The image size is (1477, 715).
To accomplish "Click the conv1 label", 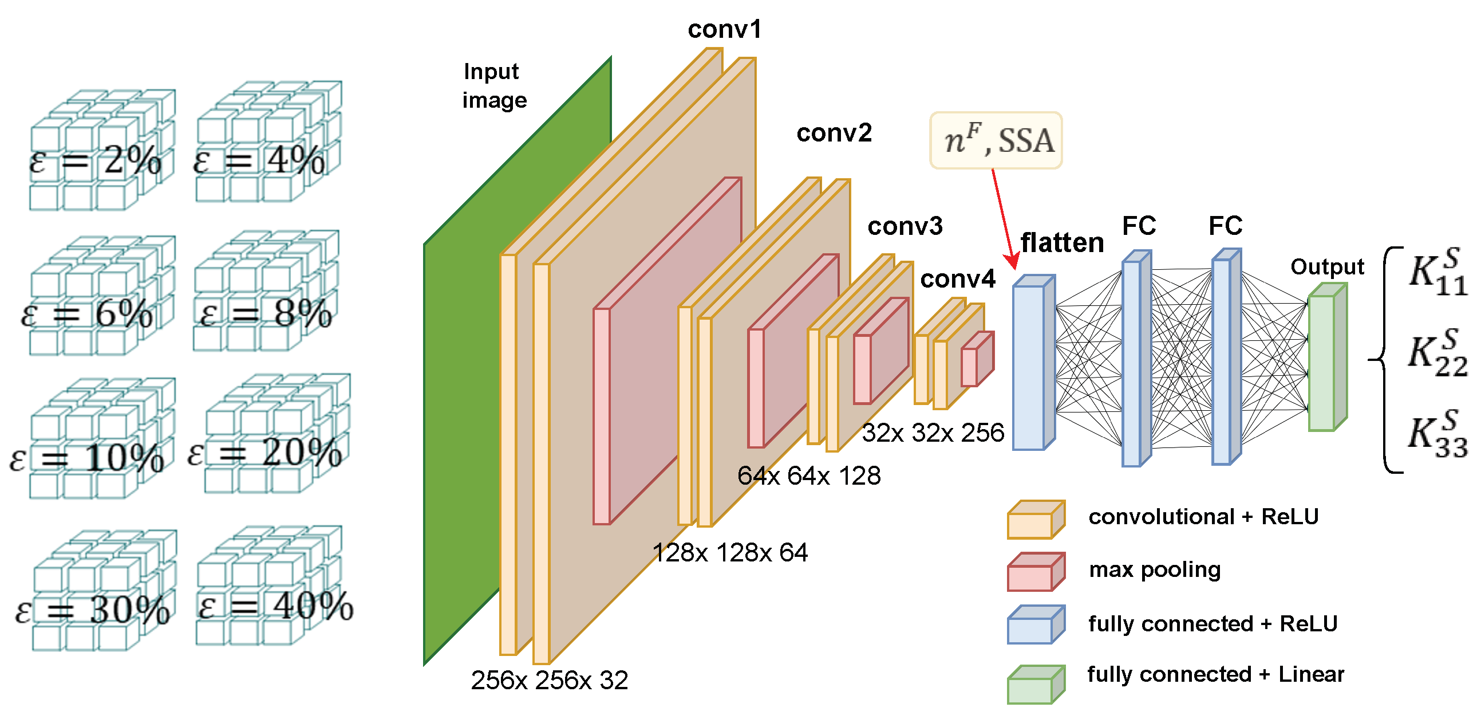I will (724, 30).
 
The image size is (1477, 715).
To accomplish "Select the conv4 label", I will (958, 280).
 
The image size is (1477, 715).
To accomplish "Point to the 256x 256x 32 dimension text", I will (549, 681).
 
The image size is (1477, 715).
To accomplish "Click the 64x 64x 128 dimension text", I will (808, 476).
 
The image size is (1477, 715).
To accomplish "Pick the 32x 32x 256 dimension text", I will (933, 433).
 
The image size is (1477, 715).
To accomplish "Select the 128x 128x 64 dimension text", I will (730, 553).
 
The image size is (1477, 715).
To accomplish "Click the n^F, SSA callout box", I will (996, 140).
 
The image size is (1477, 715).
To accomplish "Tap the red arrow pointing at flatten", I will (1004, 218).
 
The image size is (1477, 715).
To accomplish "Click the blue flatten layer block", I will (1029, 367).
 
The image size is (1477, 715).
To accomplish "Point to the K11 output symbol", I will (1437, 272).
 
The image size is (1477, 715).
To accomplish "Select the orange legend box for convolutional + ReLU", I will (1036, 520).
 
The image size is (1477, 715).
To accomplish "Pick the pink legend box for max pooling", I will (1036, 572).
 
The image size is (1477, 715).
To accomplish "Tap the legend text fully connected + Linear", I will (1215, 674).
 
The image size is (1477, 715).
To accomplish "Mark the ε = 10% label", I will (86, 459).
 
